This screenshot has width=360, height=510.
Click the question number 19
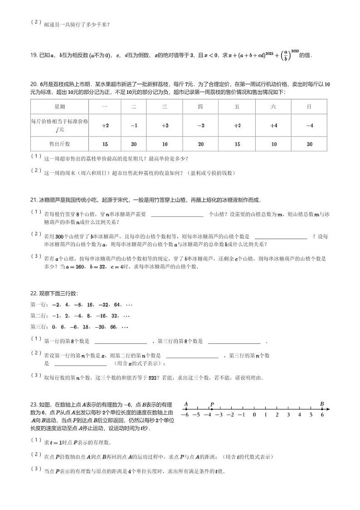[x=34, y=55]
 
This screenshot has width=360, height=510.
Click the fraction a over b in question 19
[x=284, y=55]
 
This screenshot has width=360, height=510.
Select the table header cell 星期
[x=59, y=107]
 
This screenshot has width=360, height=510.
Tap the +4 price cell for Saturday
[x=273, y=125]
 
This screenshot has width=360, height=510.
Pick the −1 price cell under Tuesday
[x=134, y=125]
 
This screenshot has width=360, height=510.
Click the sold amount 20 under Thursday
[x=201, y=144]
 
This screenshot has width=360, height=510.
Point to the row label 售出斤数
[x=59, y=144]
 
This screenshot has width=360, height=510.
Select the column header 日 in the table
[x=309, y=107]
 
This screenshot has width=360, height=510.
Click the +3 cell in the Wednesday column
[x=165, y=125]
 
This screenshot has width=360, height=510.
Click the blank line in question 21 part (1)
[x=177, y=215]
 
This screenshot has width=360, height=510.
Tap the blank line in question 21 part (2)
[x=281, y=236]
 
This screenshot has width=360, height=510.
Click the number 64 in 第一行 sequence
[x=117, y=304]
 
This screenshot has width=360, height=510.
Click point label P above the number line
[x=212, y=404]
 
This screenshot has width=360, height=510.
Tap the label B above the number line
[x=322, y=404]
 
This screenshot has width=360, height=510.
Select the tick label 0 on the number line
[x=254, y=414]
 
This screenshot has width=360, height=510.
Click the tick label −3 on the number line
[x=219, y=414]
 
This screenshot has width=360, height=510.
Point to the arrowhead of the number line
[x=328, y=409]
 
